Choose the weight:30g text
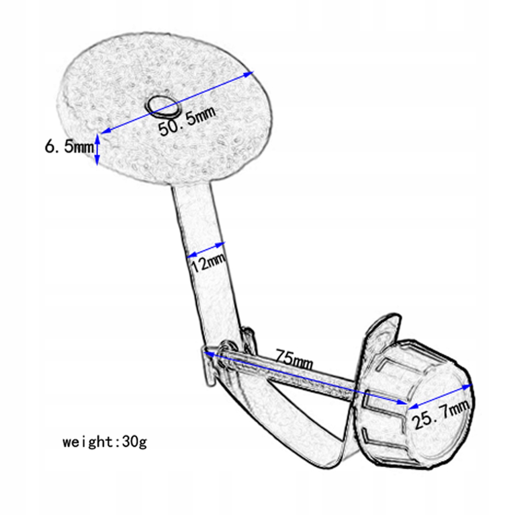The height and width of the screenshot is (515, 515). coord(105,442)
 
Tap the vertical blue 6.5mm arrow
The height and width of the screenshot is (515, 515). coord(97,150)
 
